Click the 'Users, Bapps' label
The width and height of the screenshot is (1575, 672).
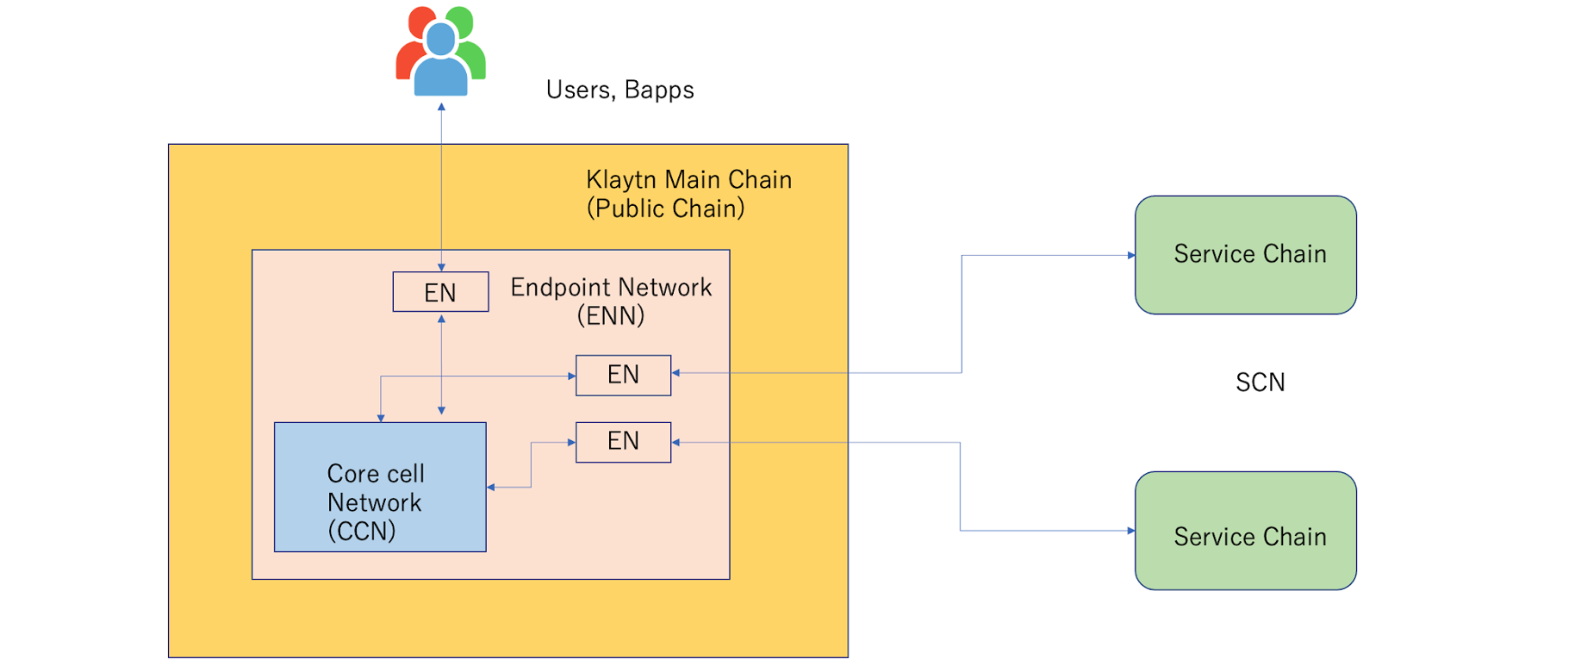619,90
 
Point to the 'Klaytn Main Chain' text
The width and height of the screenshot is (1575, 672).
688,179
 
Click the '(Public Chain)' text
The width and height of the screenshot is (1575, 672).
665,208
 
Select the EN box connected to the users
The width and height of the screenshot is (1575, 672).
440,292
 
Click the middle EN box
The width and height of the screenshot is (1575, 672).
623,375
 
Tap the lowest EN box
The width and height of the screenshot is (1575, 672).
623,442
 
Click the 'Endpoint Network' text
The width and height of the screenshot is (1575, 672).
611,287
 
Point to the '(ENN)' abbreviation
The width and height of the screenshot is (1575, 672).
611,315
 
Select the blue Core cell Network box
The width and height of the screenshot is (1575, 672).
380,487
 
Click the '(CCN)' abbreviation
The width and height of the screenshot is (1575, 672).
362,531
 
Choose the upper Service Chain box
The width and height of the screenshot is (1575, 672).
1246,255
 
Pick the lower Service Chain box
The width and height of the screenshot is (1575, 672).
1246,531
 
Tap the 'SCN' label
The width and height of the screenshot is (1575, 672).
1260,383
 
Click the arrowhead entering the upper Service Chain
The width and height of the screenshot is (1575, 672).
1131,255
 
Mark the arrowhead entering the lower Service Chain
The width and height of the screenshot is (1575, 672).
1131,531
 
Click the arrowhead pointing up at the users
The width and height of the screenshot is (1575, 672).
441,107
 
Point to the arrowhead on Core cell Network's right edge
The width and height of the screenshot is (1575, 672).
491,488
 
